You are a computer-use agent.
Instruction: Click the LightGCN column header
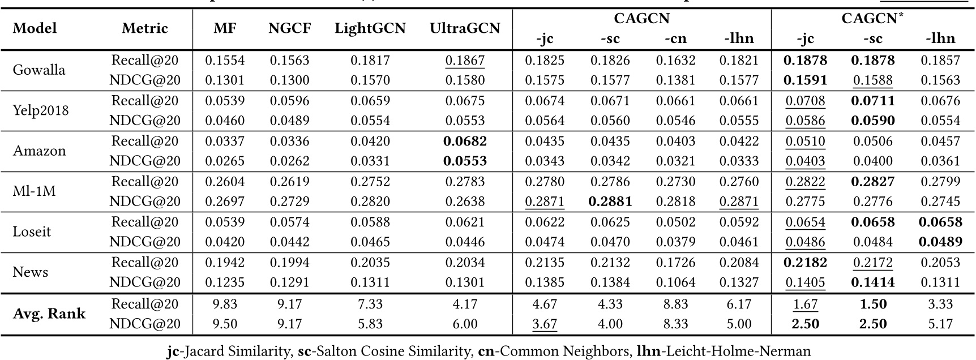(x=370, y=28)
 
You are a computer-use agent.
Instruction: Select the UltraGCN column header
(x=464, y=28)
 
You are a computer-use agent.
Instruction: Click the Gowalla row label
(x=39, y=70)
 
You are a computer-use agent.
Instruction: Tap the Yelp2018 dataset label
(x=41, y=110)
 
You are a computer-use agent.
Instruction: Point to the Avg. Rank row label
(x=49, y=314)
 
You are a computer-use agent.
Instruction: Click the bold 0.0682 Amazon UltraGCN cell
(x=464, y=141)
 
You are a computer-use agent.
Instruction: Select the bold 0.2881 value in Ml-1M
(x=610, y=202)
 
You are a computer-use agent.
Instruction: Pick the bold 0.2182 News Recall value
(x=805, y=262)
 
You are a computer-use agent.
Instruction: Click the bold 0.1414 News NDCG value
(x=872, y=282)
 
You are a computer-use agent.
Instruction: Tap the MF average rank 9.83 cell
(x=225, y=304)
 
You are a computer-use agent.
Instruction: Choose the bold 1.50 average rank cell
(x=872, y=304)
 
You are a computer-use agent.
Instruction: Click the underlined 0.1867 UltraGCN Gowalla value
(x=464, y=61)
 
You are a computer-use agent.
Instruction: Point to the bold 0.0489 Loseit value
(x=940, y=242)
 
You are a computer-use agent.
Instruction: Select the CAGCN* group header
(x=872, y=18)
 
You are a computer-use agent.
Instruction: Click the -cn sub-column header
(x=675, y=38)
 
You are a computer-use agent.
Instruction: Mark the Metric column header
(x=145, y=28)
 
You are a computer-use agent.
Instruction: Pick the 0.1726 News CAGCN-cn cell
(x=675, y=262)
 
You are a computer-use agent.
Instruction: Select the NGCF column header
(x=289, y=28)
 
